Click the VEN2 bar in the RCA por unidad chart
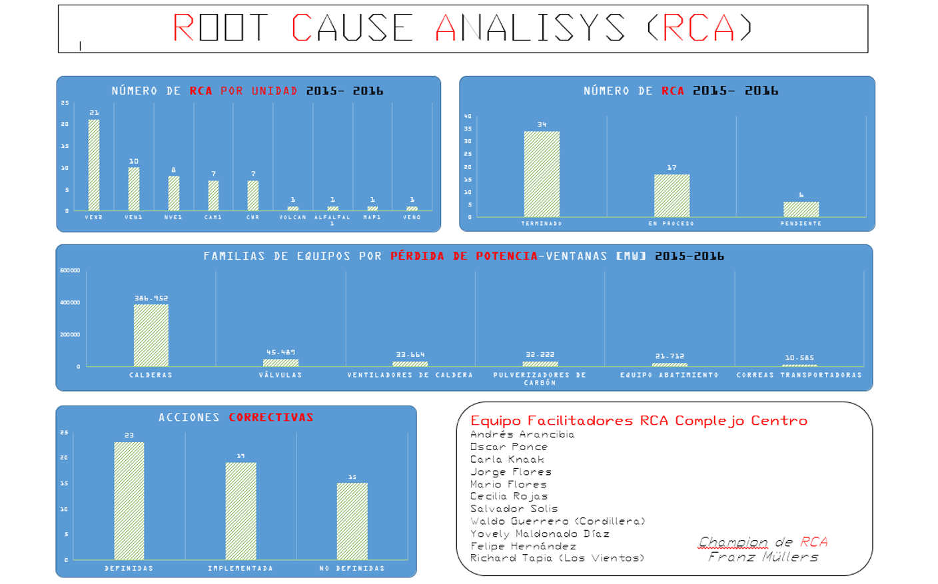pyautogui.click(x=94, y=165)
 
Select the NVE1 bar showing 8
pyautogui.click(x=173, y=193)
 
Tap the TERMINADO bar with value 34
pyautogui.click(x=542, y=174)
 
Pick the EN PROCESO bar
pyautogui.click(x=672, y=196)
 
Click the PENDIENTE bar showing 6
pyautogui.click(x=801, y=209)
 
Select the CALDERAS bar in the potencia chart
pyautogui.click(x=151, y=336)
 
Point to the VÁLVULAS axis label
pyautogui.click(x=280, y=375)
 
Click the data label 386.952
pyautogui.click(x=151, y=298)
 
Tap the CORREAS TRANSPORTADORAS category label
pyautogui.click(x=799, y=375)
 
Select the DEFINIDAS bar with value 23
pyautogui.click(x=129, y=501)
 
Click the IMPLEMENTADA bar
pyautogui.click(x=240, y=511)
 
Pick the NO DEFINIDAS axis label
pyautogui.click(x=352, y=569)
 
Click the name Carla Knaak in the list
pyautogui.click(x=507, y=459)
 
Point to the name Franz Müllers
pyautogui.click(x=763, y=557)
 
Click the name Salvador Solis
pyautogui.click(x=514, y=509)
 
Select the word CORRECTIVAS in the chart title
pyautogui.click(x=271, y=418)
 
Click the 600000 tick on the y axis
pyautogui.click(x=70, y=270)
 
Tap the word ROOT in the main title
pyautogui.click(x=220, y=29)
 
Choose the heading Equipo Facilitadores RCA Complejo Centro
pyautogui.click(x=638, y=421)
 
